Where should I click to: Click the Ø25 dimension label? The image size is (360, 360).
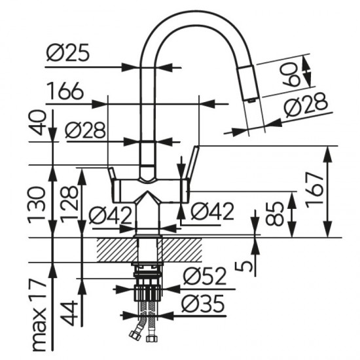68,53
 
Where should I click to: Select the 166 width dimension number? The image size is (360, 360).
65,91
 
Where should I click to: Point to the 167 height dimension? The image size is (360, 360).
315,190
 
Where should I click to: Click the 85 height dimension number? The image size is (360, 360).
275,213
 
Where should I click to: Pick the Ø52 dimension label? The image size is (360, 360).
205,276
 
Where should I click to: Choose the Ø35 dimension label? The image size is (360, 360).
203,304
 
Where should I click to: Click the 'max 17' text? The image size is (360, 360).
39,315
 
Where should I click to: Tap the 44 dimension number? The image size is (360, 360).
69,314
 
